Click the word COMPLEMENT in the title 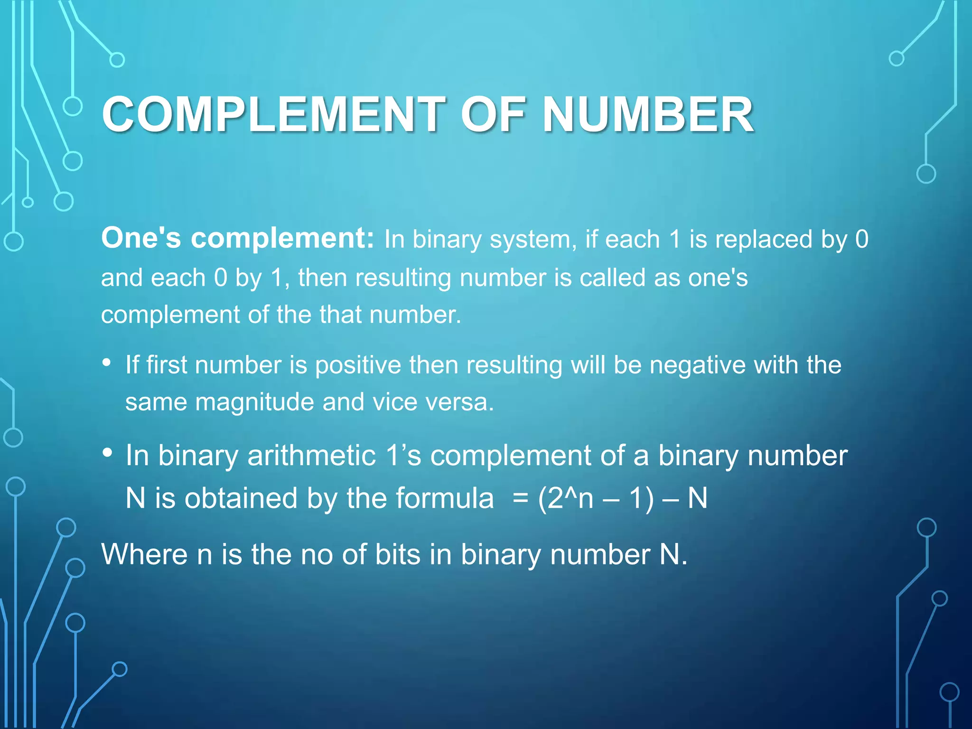(x=273, y=114)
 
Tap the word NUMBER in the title (x=648, y=114)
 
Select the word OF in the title (x=494, y=114)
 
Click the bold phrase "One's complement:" (x=238, y=238)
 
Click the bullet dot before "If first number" (x=107, y=363)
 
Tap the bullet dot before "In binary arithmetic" (x=107, y=453)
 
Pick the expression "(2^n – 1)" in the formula (x=596, y=498)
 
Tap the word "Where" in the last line (x=144, y=554)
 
